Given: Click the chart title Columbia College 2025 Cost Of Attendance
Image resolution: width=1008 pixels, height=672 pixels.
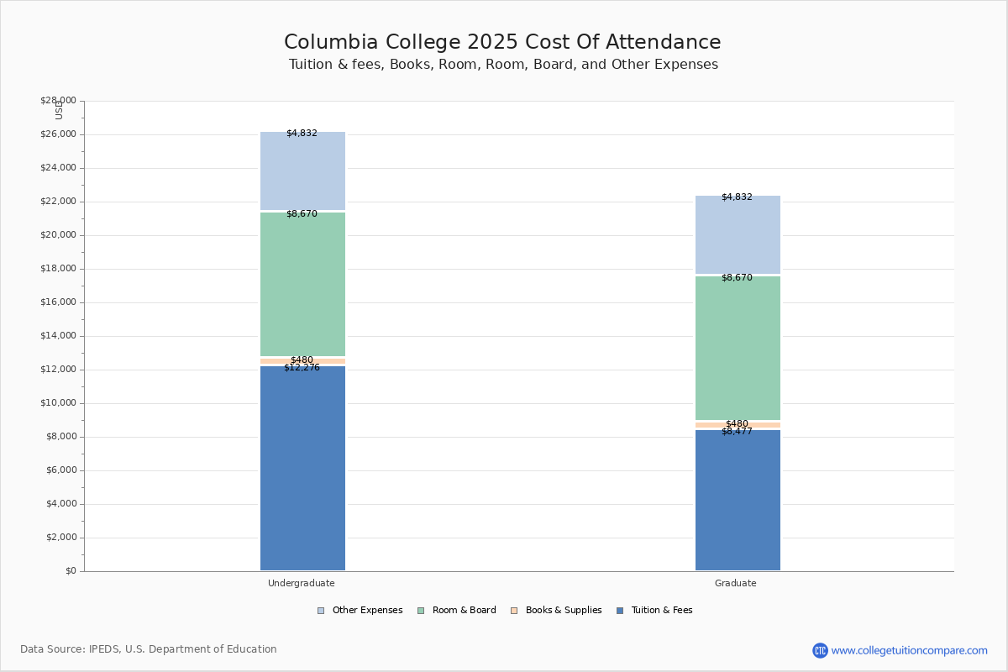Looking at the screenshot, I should pyautogui.click(x=502, y=42).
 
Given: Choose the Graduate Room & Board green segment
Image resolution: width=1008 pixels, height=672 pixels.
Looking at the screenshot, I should pyautogui.click(x=738, y=348).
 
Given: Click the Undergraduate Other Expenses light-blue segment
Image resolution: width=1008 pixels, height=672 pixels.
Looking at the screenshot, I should pyautogui.click(x=302, y=172).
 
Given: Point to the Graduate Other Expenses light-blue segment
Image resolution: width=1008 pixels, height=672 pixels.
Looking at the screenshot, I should pyautogui.click(x=738, y=236).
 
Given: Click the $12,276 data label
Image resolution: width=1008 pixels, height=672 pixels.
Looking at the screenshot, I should pyautogui.click(x=302, y=368).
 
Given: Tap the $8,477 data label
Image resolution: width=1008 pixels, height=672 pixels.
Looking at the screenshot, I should pyautogui.click(x=737, y=432).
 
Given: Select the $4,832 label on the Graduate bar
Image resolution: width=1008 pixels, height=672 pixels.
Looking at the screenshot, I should pyautogui.click(x=737, y=197).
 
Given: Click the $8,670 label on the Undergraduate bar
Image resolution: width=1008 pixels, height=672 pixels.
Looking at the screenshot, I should pyautogui.click(x=302, y=214).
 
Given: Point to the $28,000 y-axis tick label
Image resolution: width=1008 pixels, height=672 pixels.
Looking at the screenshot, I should pyautogui.click(x=58, y=101).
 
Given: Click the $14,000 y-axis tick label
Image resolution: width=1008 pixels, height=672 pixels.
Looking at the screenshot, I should pyautogui.click(x=58, y=336).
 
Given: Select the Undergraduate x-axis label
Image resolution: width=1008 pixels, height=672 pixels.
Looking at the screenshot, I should pyautogui.click(x=302, y=583).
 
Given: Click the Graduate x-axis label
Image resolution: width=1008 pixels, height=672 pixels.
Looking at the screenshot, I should pyautogui.click(x=736, y=583).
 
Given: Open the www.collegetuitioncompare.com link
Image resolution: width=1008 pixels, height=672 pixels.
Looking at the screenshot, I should pyautogui.click(x=909, y=650).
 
